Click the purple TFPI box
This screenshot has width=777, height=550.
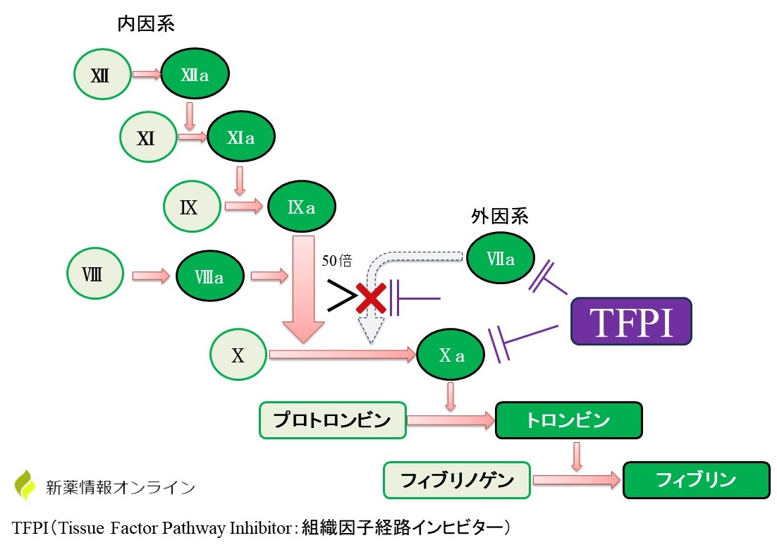point(631,321)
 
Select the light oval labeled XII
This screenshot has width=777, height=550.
point(103,74)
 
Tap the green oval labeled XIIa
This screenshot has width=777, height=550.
point(195,74)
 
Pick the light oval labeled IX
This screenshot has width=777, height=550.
point(191,207)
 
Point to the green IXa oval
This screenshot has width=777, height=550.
point(301,207)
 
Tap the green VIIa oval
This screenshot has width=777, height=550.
point(501,259)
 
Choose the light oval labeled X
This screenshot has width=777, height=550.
point(238,355)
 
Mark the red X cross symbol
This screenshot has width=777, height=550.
point(371,299)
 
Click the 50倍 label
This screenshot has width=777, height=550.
point(337,261)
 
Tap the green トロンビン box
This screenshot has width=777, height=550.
point(568,421)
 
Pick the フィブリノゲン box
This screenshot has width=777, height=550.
point(456,480)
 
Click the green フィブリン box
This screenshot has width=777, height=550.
point(695,480)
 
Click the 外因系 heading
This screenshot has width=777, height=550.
point(500,216)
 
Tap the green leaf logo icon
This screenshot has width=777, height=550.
point(25,484)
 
